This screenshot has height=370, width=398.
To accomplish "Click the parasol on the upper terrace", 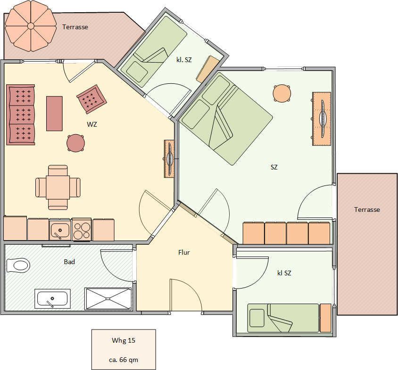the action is (31, 26).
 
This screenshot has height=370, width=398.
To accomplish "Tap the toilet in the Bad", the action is (18, 265).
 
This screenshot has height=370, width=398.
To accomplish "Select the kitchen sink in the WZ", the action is (60, 230).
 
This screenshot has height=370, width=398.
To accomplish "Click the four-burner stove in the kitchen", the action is (82, 230).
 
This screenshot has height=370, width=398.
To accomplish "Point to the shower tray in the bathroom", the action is (108, 298).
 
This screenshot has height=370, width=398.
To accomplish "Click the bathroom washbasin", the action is (52, 298).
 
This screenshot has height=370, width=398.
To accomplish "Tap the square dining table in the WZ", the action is (58, 187).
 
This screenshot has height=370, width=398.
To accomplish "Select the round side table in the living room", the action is (75, 143).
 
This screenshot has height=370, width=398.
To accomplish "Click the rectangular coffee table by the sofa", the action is (54, 113).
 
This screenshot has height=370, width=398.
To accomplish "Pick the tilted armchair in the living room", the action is (91, 99).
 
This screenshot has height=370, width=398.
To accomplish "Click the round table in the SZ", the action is (282, 94).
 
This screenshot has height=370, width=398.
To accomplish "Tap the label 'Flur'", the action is (184, 252).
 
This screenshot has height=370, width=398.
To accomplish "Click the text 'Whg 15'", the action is (124, 340).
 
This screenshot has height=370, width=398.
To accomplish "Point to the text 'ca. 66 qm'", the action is (124, 360).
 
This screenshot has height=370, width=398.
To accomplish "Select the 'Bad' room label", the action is (69, 262).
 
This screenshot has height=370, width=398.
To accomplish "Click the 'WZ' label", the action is (92, 124).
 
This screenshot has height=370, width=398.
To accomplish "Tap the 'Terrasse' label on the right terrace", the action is (367, 209).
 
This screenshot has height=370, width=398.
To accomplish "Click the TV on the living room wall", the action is (169, 159).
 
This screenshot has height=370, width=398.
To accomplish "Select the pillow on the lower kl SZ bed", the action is (257, 318).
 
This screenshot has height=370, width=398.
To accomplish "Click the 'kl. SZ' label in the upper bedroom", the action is (184, 60).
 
